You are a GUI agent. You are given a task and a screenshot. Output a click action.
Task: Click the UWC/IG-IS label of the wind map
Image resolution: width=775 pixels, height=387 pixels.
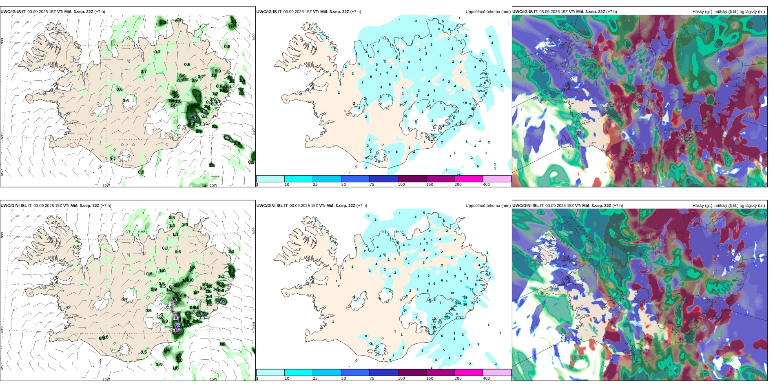(x=11, y=12)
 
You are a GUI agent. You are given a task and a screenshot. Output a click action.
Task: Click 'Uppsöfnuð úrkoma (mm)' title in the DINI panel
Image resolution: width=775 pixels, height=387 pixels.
(x=488, y=206)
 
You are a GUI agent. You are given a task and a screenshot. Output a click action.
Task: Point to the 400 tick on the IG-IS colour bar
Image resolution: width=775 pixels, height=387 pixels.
(x=486, y=185)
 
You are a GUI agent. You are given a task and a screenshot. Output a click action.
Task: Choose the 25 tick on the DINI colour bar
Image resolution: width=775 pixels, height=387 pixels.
(x=315, y=378)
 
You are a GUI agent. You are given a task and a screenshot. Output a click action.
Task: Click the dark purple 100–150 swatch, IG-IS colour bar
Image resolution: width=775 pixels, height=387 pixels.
(x=412, y=178)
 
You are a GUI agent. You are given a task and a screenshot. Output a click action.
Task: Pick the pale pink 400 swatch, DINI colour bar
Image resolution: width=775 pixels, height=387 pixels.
(x=497, y=372)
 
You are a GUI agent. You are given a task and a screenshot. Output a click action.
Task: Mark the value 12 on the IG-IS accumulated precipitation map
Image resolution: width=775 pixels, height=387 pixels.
(x=479, y=91)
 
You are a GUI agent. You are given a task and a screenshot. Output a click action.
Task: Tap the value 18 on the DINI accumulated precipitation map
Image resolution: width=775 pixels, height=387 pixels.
(x=465, y=298)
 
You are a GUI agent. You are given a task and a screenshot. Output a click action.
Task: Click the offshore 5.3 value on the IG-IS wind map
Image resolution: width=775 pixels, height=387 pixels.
(x=227, y=139)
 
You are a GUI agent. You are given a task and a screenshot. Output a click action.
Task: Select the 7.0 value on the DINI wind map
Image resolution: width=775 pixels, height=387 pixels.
(x=222, y=301)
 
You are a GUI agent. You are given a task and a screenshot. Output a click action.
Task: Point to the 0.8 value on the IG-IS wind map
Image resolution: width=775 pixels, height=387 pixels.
(x=141, y=172)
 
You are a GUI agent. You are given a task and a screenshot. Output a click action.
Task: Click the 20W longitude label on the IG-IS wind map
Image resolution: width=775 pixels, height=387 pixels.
(x=106, y=185)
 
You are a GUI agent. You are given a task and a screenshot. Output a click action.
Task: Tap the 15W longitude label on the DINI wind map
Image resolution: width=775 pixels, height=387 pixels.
(x=213, y=379)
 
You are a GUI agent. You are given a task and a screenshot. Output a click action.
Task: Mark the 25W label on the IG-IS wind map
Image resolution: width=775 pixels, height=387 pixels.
(x=2, y=172)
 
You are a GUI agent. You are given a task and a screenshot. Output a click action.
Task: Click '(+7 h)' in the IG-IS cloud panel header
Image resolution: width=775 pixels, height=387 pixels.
(x=611, y=12)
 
